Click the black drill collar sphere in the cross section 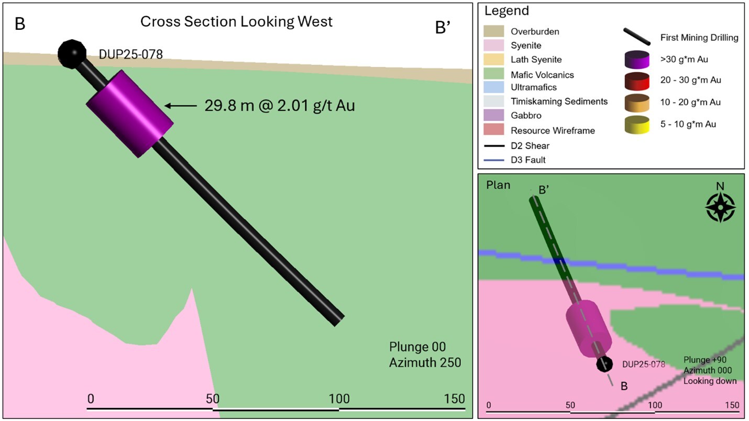[x=72, y=53]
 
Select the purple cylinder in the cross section [x=129, y=114]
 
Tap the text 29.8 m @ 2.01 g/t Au [x=280, y=106]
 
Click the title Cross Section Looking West [x=236, y=22]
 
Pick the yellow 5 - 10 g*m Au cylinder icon [x=636, y=124]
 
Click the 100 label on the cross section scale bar [x=339, y=398]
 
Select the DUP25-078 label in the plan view [x=643, y=364]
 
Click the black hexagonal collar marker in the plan [x=605, y=364]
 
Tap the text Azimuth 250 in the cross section [x=425, y=362]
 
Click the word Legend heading [x=506, y=10]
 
